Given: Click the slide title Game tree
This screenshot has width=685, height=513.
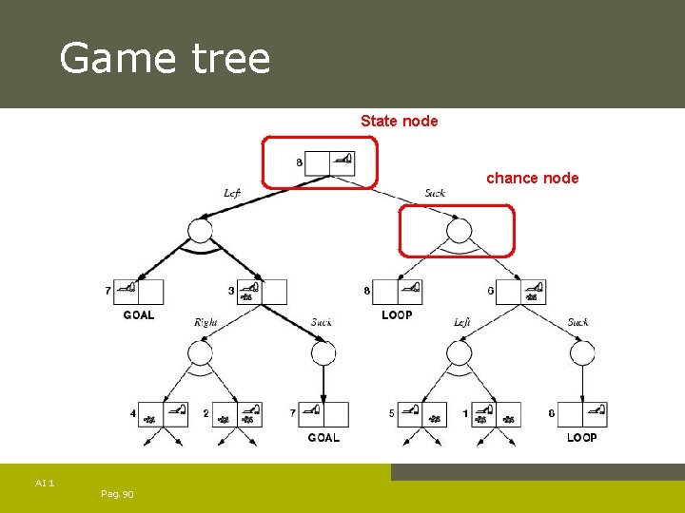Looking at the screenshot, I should [165, 58].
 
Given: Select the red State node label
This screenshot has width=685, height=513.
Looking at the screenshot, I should [399, 121].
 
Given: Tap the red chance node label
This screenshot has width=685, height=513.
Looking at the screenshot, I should [532, 178].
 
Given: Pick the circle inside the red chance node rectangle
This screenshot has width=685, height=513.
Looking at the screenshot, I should [459, 231].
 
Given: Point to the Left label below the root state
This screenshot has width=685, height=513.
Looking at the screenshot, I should [231, 193].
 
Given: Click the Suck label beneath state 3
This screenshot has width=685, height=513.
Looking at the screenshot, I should [322, 322].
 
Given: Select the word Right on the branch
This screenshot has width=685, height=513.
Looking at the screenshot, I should [205, 322].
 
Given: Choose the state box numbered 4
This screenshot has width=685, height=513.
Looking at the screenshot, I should [163, 414].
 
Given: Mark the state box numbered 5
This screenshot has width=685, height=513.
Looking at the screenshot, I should [421, 414].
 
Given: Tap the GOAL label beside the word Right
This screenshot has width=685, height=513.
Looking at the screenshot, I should [138, 314].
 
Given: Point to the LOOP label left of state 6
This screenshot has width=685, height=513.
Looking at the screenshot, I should [397, 314].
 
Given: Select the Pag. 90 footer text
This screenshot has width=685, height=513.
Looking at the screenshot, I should [116, 494].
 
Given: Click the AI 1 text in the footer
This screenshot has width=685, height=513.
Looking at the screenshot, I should [45, 484].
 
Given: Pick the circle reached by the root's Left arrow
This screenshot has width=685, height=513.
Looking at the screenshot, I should [200, 231].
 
